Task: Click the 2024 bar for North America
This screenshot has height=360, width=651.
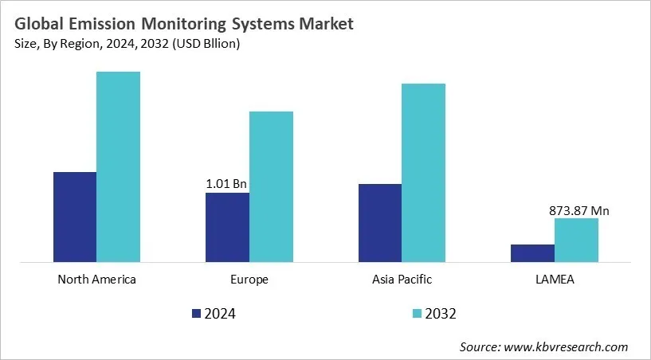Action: coord(75,217)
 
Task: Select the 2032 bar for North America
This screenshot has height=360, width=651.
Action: coord(118,166)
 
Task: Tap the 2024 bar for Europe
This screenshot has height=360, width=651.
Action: coord(227,227)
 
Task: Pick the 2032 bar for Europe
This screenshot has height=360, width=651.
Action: coord(271,186)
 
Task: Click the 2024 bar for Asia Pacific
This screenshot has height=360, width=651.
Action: coord(380,222)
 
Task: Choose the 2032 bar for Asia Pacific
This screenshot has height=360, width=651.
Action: coord(423,172)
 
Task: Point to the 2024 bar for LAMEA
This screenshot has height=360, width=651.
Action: coord(532,252)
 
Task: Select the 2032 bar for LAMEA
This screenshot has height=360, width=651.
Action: coord(576,240)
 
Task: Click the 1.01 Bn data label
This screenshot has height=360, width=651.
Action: coord(226,184)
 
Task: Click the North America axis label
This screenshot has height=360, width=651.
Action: coord(97,280)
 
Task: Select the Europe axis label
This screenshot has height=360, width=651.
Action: coord(249,280)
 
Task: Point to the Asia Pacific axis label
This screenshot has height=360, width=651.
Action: coord(402,280)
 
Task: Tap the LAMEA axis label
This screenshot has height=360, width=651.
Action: coord(555,280)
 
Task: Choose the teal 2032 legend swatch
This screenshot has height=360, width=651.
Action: coord(418,314)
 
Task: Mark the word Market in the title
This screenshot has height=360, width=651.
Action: coord(325,24)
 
